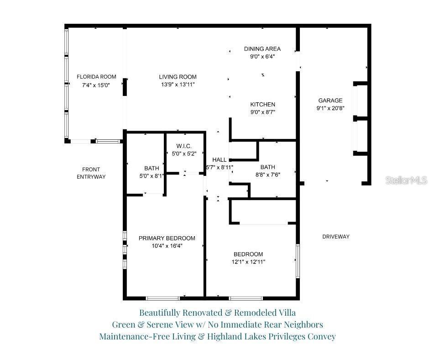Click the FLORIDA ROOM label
[96, 77]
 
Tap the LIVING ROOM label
[178, 77]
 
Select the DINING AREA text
[262, 49]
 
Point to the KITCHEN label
[262, 105]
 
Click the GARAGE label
[330, 101]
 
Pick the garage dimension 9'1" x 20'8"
[330, 108]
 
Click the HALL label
[220, 160]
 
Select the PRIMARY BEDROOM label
[167, 238]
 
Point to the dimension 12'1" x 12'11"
[248, 262]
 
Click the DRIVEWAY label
[335, 237]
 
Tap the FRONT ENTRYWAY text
[91, 173]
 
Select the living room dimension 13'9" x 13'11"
[178, 85]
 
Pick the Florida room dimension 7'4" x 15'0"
[96, 85]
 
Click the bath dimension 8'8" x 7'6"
[271, 174]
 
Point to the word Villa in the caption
[285, 313]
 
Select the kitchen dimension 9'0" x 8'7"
[262, 112]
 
